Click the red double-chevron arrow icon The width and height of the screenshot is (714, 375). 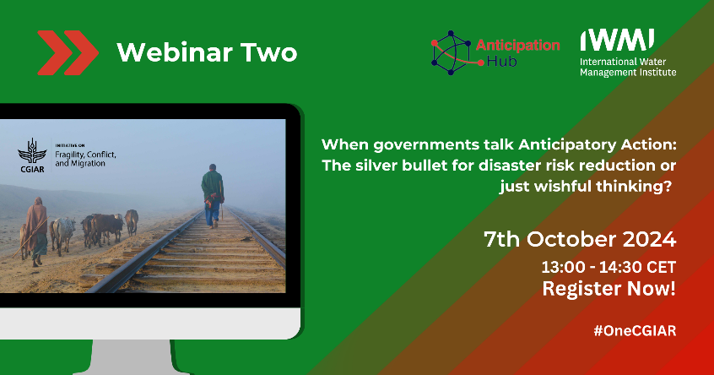coord(68,52)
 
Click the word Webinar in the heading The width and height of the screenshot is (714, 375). coord(175,52)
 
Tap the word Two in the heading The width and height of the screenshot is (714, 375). coord(268,52)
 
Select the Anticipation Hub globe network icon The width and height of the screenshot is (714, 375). coord(452,53)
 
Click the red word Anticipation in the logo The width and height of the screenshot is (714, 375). coord(517,45)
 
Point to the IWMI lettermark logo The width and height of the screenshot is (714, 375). coord(617,40)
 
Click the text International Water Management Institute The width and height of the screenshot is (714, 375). coord(627,67)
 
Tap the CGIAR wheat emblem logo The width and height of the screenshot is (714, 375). coord(32,155)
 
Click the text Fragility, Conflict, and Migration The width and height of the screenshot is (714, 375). coord(85,158)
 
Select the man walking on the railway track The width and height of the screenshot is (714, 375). coord(213,195)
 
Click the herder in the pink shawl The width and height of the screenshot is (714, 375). coord(36,231)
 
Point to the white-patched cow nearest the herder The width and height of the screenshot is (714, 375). coord(63,235)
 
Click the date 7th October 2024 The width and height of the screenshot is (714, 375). coord(580,240)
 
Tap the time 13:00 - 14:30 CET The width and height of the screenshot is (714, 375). coord(609,267)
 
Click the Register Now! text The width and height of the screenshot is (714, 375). coord(609,289)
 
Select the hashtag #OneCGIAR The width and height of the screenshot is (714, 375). coord(635,330)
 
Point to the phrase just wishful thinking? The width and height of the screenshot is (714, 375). coord(585,187)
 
